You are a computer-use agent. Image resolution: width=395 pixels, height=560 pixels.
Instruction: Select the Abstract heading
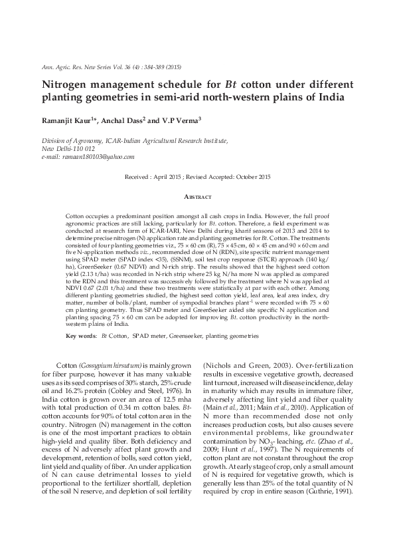pos(197,198)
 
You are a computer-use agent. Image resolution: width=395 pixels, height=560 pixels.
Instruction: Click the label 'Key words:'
pos(80,337)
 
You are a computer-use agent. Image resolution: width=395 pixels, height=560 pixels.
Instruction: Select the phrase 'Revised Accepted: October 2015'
pos(228,178)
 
